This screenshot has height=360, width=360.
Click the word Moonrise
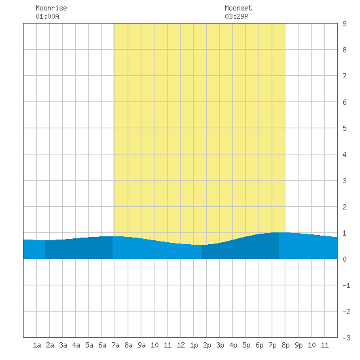tap(51, 8)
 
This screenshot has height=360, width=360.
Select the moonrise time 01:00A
tap(47, 16)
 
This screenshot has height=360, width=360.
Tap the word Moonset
tap(238, 8)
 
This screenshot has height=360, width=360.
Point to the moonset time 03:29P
tap(236, 16)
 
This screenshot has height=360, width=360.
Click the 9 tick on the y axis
tap(344, 24)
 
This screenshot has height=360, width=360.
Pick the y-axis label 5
tap(344, 128)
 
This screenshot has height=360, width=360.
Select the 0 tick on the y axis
tap(344, 259)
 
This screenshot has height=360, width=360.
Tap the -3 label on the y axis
tap(346, 338)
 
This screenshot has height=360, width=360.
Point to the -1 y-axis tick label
tap(346, 285)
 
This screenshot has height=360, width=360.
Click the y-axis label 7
tap(344, 76)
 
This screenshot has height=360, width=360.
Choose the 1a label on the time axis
tap(37, 345)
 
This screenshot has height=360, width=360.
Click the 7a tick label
tap(115, 345)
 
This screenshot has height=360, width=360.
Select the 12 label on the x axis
tap(181, 345)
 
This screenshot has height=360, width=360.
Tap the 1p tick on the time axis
tap(194, 345)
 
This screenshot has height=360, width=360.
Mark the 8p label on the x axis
tap(285, 345)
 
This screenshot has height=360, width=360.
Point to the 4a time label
tap(76, 345)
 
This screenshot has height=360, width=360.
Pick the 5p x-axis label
tap(246, 345)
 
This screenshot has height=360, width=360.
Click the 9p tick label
tap(298, 345)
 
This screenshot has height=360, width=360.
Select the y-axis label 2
tap(344, 207)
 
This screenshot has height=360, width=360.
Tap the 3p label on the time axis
tap(220, 345)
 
